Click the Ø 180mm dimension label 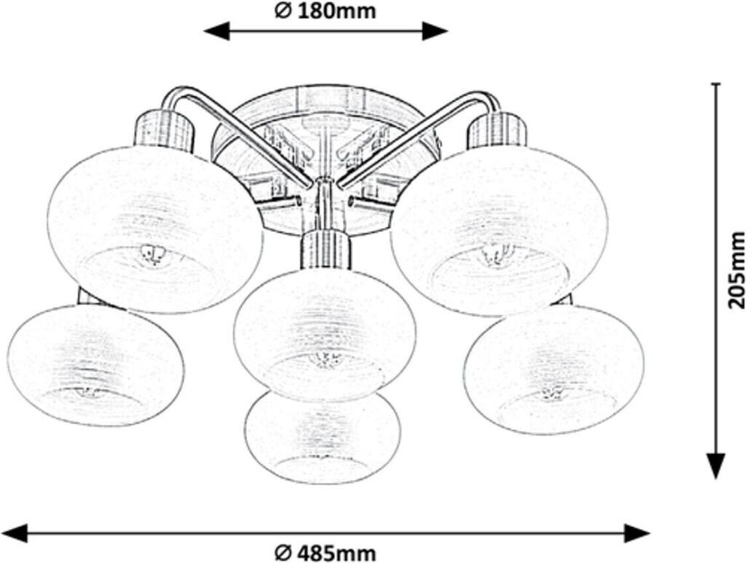(x=325, y=11)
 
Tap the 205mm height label (x=736, y=269)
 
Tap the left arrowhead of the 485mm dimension (x=16, y=532)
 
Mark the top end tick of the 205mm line (x=717, y=84)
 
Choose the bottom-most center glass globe (x=323, y=437)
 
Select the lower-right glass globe (x=554, y=368)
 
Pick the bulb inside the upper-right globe (x=496, y=255)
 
